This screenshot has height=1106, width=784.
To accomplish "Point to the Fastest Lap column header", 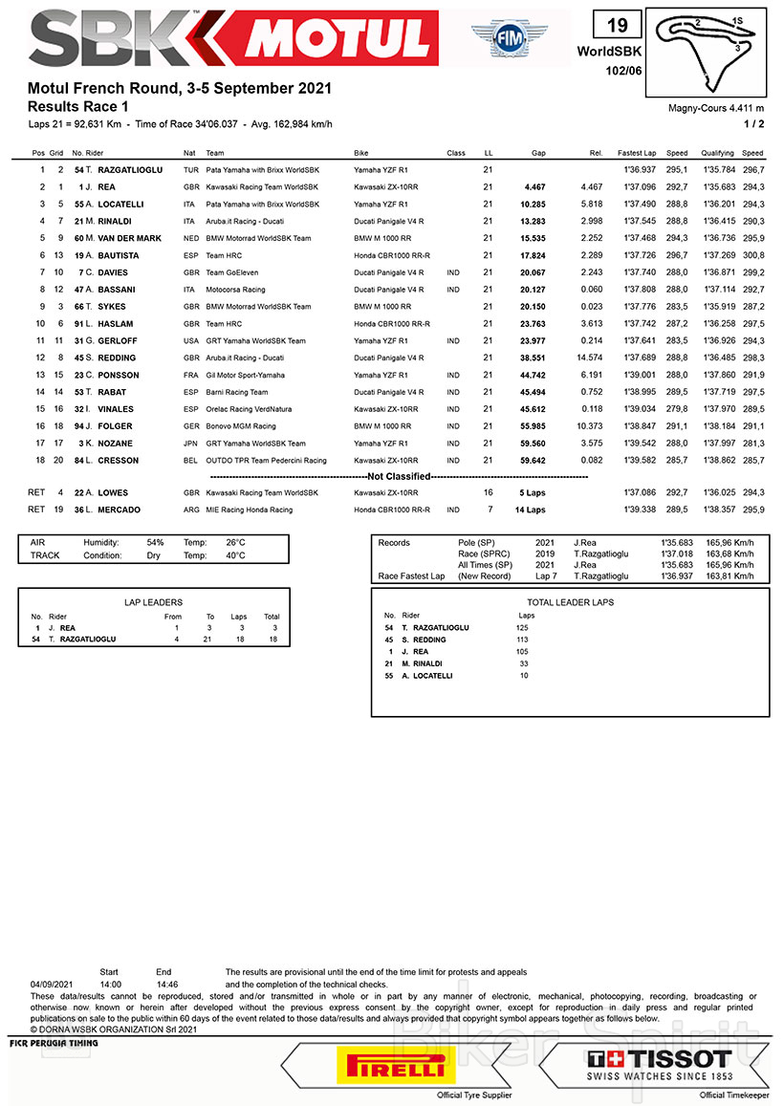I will coord(636,153).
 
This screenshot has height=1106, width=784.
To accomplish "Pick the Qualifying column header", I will coord(717,153).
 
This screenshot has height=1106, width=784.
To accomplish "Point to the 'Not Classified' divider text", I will coord(399,476).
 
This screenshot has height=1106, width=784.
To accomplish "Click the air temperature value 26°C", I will coord(235,542).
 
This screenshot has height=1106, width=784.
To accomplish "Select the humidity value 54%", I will coord(155,542).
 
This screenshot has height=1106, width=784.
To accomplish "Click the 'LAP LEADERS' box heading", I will coord(154,602).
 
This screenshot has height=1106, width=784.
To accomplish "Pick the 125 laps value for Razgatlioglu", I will coord(523,627).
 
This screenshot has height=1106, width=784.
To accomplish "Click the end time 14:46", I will coord(165,983).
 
